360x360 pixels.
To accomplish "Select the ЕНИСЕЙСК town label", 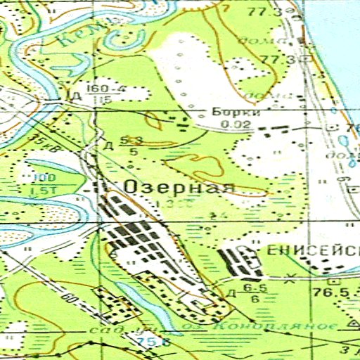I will (313, 250).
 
